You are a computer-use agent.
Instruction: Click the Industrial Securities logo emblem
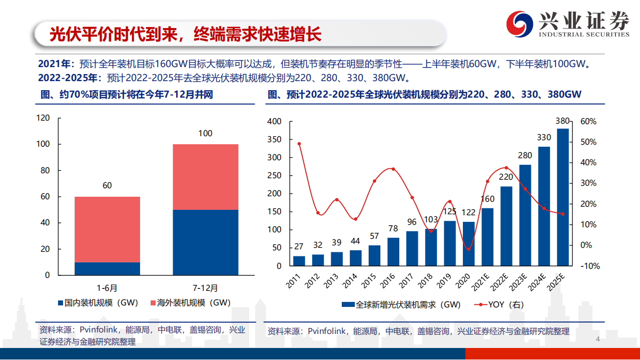tap(520, 23)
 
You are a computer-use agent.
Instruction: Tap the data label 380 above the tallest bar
tap(562, 121)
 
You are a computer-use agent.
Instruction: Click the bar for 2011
tap(299, 261)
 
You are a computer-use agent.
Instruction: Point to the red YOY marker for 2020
tap(468, 249)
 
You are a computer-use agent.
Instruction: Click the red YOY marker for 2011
tap(299, 144)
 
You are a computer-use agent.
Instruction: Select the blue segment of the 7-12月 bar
tap(206, 242)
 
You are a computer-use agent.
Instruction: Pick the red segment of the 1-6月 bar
tap(107, 229)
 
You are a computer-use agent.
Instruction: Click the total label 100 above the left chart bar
tap(205, 134)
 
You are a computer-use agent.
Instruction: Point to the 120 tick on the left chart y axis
tap(44, 118)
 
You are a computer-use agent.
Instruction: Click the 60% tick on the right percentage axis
tap(588, 122)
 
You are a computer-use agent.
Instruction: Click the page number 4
tap(597, 340)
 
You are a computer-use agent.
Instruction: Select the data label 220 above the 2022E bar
tap(506, 177)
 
